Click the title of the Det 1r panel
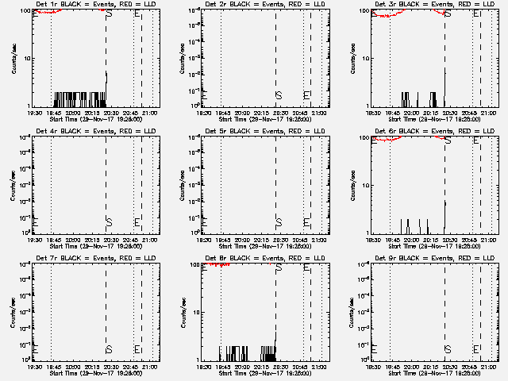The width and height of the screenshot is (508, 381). coord(89,3)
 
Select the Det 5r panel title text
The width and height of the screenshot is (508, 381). coord(259,130)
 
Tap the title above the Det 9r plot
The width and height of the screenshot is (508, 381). coord(429,257)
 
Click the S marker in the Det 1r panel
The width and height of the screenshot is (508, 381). coord(109,13)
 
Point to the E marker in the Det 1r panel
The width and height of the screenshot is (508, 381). coord(138,13)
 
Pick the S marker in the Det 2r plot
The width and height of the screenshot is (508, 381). coord(279,96)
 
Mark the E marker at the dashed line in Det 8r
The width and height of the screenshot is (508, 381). coord(307,267)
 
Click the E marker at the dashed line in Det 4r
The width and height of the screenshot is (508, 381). coord(138,221)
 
